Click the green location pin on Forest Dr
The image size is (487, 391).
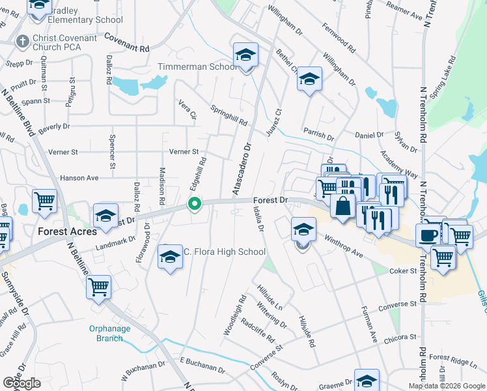tap(194, 204)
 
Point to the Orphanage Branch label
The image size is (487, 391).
tap(106, 333)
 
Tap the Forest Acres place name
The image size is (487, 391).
tap(68, 231)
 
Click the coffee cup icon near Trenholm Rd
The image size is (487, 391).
tap(427, 235)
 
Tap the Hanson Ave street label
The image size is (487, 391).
tap(79, 177)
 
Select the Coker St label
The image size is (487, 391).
tap(402, 270)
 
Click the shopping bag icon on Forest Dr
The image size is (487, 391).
tap(342, 206)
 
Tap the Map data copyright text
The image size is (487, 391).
tap(446, 386)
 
